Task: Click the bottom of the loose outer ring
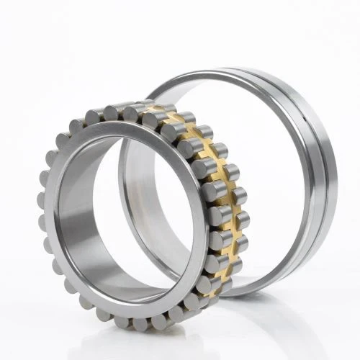pyautogui.click(x=259, y=292)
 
